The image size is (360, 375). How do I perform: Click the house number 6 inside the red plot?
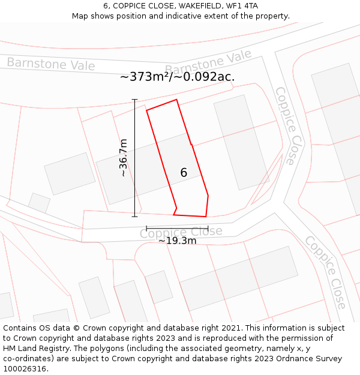184,173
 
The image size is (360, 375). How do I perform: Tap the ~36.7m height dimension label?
123,158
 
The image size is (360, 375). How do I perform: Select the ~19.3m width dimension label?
177,241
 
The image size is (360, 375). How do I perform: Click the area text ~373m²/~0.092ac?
177,77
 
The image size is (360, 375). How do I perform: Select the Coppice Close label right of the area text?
286,126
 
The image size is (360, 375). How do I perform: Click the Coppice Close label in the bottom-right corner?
325,272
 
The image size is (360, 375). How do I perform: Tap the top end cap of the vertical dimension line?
134,100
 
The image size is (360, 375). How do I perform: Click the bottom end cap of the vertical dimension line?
134,216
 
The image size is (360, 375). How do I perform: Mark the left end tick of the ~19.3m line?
146,229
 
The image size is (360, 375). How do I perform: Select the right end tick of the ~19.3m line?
208,229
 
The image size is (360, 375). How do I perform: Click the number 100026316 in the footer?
25,368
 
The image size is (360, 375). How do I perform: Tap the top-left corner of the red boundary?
147,110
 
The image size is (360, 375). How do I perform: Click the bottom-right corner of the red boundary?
206,217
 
